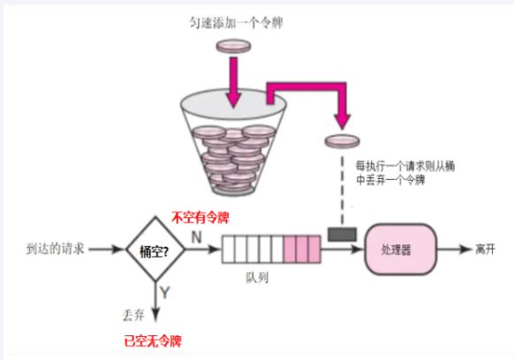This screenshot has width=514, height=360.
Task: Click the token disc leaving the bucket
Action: click(x=342, y=140)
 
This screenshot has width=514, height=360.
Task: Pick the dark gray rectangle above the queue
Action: click(x=340, y=234)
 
